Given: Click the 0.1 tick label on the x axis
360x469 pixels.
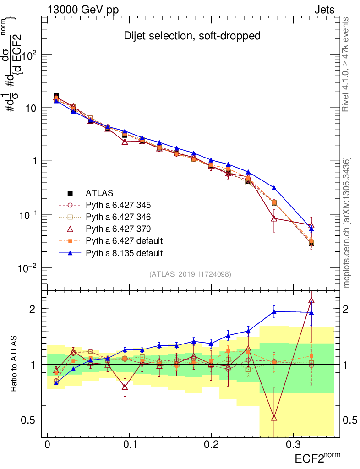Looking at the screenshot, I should point(129,445).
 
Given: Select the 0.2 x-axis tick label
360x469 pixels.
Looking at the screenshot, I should point(211,445).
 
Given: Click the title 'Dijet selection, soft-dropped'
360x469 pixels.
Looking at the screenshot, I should point(192,36).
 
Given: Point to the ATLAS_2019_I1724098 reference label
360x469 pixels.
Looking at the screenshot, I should point(190,274).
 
